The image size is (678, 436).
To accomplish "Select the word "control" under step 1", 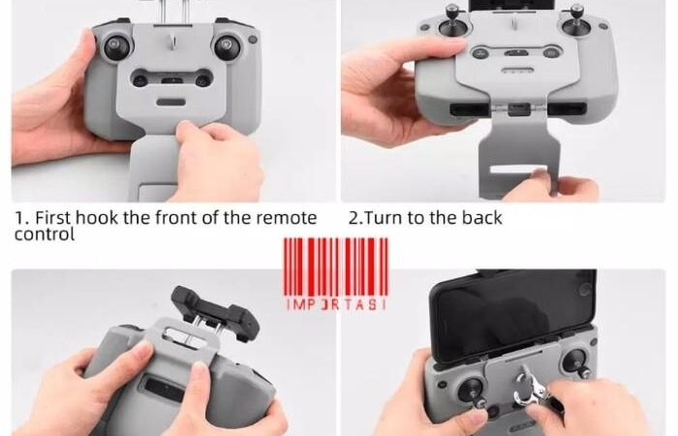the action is tap(45, 234).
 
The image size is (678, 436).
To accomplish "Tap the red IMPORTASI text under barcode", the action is tap(335, 304).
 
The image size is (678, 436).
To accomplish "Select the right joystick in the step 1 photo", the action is tap(229, 46).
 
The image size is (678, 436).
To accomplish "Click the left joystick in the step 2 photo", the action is tap(452, 24).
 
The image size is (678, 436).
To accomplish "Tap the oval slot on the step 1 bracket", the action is tap(171, 103).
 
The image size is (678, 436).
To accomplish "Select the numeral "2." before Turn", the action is tap(354, 218).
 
